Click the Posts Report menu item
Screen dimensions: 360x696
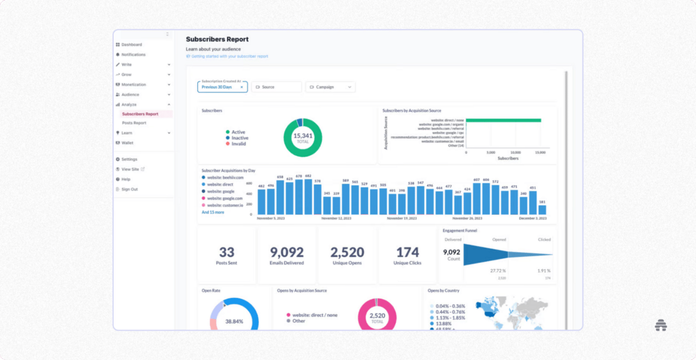(x=134, y=123)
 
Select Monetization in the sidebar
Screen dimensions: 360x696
(x=134, y=85)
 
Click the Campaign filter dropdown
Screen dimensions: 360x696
(x=330, y=87)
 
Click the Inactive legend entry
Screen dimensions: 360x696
(x=240, y=138)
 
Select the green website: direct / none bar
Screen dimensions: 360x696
(x=503, y=121)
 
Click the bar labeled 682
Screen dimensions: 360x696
(x=308, y=197)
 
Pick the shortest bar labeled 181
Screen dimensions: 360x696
(x=542, y=210)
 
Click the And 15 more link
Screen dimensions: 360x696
(x=213, y=212)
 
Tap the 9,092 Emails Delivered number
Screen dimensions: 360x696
(x=287, y=252)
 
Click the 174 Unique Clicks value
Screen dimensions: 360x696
(x=407, y=252)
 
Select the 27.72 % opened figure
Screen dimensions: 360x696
(x=497, y=271)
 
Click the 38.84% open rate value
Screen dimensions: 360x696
(x=234, y=321)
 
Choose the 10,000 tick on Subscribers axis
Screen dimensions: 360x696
(x=516, y=153)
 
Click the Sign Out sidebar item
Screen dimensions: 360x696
(x=129, y=189)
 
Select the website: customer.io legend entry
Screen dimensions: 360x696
(x=225, y=205)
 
